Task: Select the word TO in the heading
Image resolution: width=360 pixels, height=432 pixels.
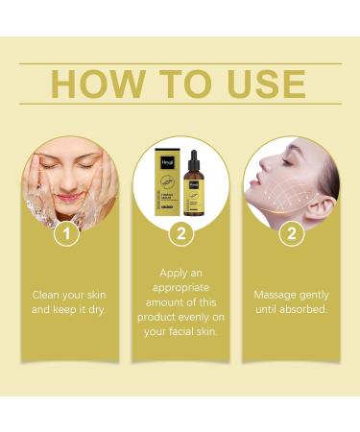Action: pyautogui.click(x=181, y=84)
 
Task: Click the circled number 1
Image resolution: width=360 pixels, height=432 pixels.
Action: pyautogui.click(x=65, y=232)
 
